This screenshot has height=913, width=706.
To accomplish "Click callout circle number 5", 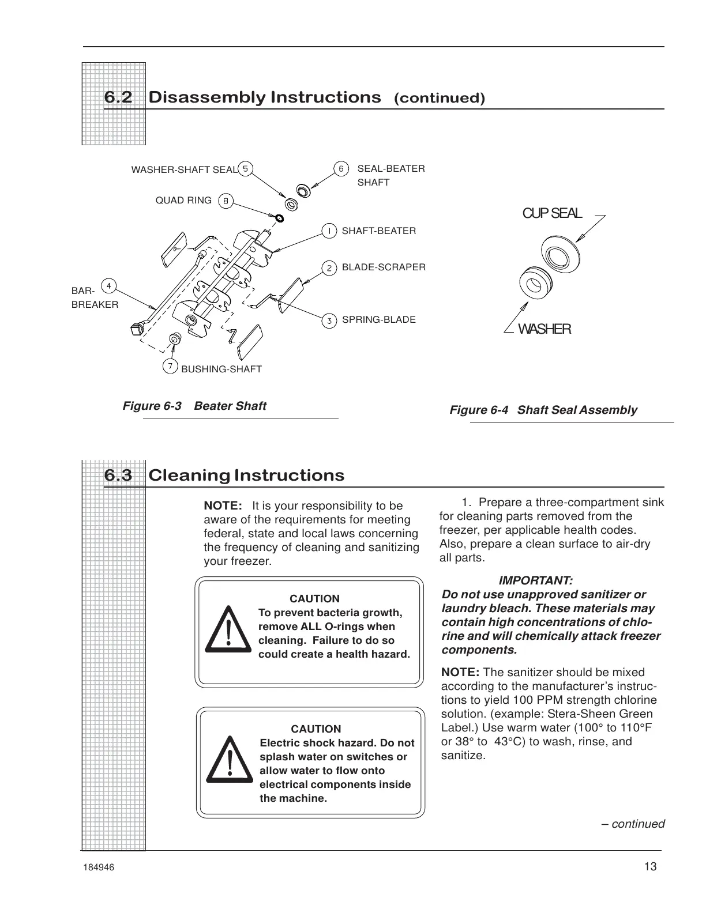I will click(x=246, y=169).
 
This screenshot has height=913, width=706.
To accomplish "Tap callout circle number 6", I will click(x=341, y=169).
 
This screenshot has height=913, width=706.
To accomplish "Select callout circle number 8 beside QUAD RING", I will click(x=226, y=201).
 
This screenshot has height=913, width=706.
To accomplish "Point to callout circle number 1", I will click(x=329, y=231).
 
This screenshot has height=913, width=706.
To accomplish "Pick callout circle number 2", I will click(x=329, y=268).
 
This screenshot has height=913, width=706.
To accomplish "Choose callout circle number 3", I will click(x=329, y=320).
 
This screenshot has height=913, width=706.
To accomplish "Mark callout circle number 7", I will click(x=170, y=367).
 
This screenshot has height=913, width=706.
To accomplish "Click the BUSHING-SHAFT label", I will click(x=221, y=369).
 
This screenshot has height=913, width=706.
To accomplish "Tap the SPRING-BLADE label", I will click(x=378, y=319).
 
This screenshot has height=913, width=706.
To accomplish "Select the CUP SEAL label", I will click(x=552, y=213).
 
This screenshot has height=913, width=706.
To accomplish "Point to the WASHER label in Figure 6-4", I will click(x=544, y=329).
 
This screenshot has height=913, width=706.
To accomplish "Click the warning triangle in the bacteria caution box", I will click(x=229, y=629).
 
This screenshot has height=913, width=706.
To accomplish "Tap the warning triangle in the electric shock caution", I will click(x=230, y=759).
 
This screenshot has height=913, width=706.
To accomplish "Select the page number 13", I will click(x=651, y=867).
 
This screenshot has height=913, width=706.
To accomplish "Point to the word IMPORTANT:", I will click(x=535, y=580).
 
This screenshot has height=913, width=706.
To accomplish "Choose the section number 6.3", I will click(x=118, y=476).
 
